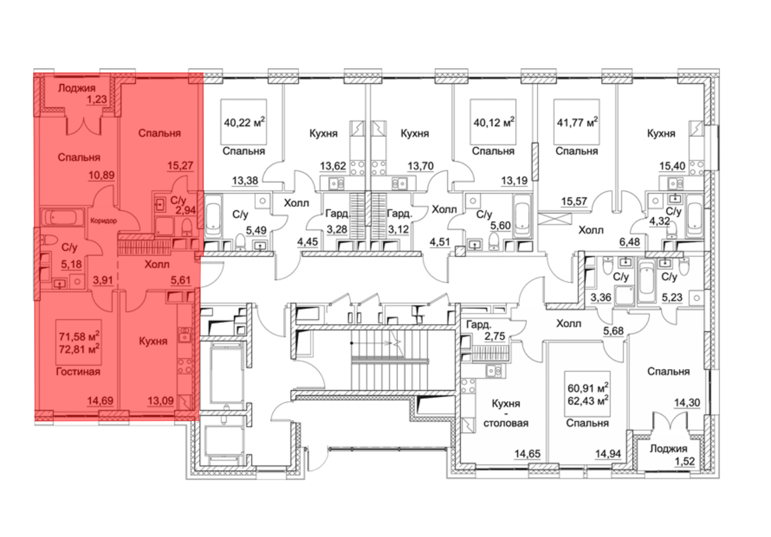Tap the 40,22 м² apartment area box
[x=244, y=122]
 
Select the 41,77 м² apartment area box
[x=577, y=122]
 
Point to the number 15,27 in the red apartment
[x=180, y=166]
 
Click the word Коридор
[x=103, y=221]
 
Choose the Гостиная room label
[x=78, y=371]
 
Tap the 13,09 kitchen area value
[x=160, y=401]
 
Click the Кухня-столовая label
[x=506, y=413]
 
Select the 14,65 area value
[x=527, y=454]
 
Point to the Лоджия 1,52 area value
[x=685, y=461]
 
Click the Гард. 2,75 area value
[x=495, y=336]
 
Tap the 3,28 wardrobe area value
[x=337, y=230]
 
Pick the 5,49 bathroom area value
[x=256, y=230]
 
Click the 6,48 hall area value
[x=630, y=242]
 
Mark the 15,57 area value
[x=574, y=201]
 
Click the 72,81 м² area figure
[x=79, y=349]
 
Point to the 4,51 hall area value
[x=440, y=242]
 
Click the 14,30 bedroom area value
[x=687, y=403]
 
